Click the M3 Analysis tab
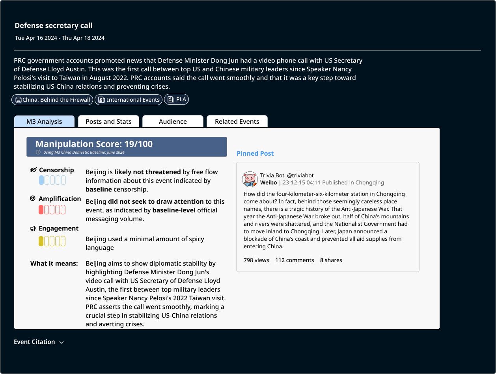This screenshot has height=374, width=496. (44, 121)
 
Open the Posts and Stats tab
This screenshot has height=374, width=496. (108, 121)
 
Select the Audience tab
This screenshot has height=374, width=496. (173, 121)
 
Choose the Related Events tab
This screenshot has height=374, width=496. (237, 121)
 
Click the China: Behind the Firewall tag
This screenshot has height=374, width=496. (52, 100)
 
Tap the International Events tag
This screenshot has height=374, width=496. (129, 100)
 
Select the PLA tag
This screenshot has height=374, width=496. (177, 100)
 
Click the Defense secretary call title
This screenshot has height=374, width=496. (54, 26)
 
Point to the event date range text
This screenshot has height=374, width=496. (60, 38)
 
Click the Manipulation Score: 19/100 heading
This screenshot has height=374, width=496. (94, 144)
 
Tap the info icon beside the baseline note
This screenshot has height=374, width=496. (38, 152)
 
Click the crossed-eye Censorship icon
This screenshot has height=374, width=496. (34, 170)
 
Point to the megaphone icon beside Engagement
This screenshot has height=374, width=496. (33, 229)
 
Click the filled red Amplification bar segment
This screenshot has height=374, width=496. (41, 210)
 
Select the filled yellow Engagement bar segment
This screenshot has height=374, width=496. (41, 241)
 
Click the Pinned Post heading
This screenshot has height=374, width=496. (255, 154)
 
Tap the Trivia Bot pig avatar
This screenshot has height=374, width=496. (250, 179)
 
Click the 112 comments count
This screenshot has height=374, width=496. (295, 260)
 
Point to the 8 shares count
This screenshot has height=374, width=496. (331, 260)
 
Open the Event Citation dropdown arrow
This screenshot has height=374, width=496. (62, 342)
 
